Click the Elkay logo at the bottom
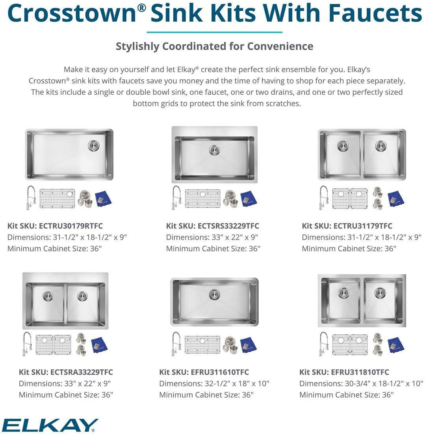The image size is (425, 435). tap(50, 425)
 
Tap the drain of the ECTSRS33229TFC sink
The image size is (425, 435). tap(214, 150)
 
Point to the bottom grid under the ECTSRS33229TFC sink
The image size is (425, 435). tap(203, 199)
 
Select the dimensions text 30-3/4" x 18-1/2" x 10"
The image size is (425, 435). tap(376, 383)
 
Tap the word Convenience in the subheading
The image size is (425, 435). tap(280, 46)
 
